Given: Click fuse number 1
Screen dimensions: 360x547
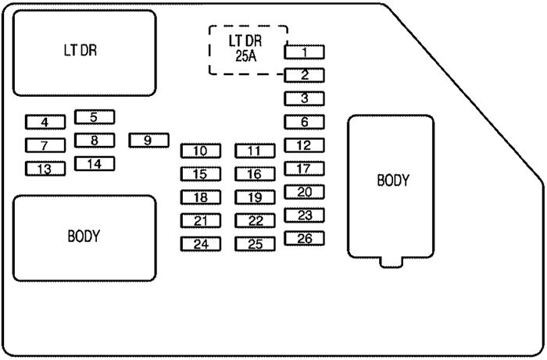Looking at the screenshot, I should pyautogui.click(x=305, y=52).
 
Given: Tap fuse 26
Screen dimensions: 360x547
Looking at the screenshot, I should pyautogui.click(x=305, y=238).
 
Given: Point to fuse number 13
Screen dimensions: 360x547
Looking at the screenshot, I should pyautogui.click(x=45, y=169).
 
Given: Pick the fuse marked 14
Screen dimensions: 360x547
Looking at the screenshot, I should pyautogui.click(x=94, y=117).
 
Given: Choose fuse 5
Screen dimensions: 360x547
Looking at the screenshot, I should pyautogui.click(x=94, y=117).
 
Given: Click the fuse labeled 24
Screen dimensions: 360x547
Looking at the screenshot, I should pyautogui.click(x=201, y=244).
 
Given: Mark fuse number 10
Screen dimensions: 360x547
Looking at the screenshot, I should pyautogui.click(x=201, y=151).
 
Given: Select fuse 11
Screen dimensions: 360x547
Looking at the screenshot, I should pyautogui.click(x=255, y=151).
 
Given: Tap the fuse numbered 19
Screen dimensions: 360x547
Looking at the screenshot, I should pyautogui.click(x=255, y=198).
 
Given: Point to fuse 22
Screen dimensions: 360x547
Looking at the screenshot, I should pyautogui.click(x=255, y=221).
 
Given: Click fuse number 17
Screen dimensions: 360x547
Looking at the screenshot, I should pyautogui.click(x=305, y=168).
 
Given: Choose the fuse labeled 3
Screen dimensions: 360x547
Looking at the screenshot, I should pyautogui.click(x=305, y=98).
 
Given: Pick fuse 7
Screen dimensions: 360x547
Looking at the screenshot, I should pyautogui.click(x=45, y=145).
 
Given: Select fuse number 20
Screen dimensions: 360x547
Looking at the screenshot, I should pyautogui.click(x=305, y=191).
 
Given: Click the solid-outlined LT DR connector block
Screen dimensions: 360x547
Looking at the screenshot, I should pyautogui.click(x=80, y=52).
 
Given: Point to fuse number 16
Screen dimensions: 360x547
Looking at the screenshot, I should pyautogui.click(x=255, y=174).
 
